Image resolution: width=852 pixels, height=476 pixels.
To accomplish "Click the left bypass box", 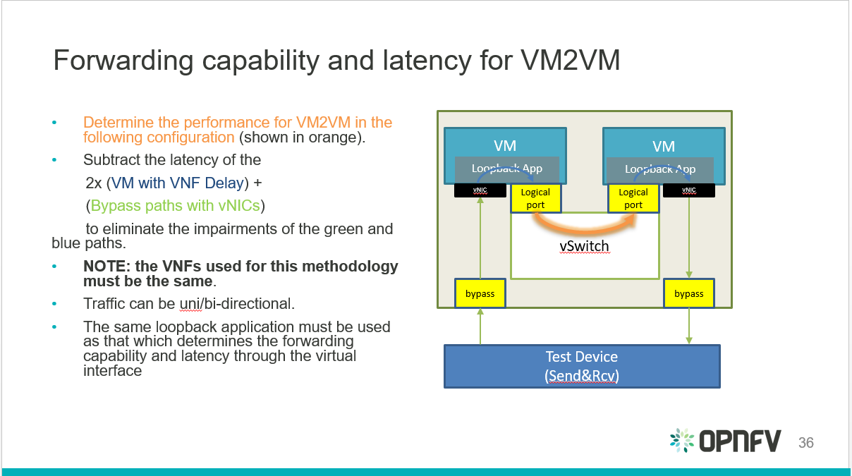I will click(x=480, y=293).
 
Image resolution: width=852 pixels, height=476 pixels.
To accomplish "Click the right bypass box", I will click(x=688, y=293).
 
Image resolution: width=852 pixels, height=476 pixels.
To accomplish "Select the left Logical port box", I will click(x=535, y=198).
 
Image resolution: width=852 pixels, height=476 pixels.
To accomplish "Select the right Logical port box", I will click(x=633, y=198).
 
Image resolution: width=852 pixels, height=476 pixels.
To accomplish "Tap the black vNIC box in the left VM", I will click(x=480, y=190).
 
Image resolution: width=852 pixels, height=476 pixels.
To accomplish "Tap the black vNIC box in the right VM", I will click(x=688, y=190).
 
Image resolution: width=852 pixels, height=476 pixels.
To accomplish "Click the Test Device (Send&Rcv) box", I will click(x=582, y=366).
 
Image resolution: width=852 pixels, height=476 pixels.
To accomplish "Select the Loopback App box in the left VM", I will click(x=507, y=169).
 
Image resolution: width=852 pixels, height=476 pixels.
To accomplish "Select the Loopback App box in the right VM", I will click(x=660, y=169).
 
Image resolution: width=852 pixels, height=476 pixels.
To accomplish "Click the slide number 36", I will click(x=805, y=443).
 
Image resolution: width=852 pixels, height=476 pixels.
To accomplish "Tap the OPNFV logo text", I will click(x=740, y=441).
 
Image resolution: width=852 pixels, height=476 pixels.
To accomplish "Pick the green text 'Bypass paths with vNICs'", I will click(x=175, y=206).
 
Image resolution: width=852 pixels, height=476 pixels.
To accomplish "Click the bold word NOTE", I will click(x=107, y=267).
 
